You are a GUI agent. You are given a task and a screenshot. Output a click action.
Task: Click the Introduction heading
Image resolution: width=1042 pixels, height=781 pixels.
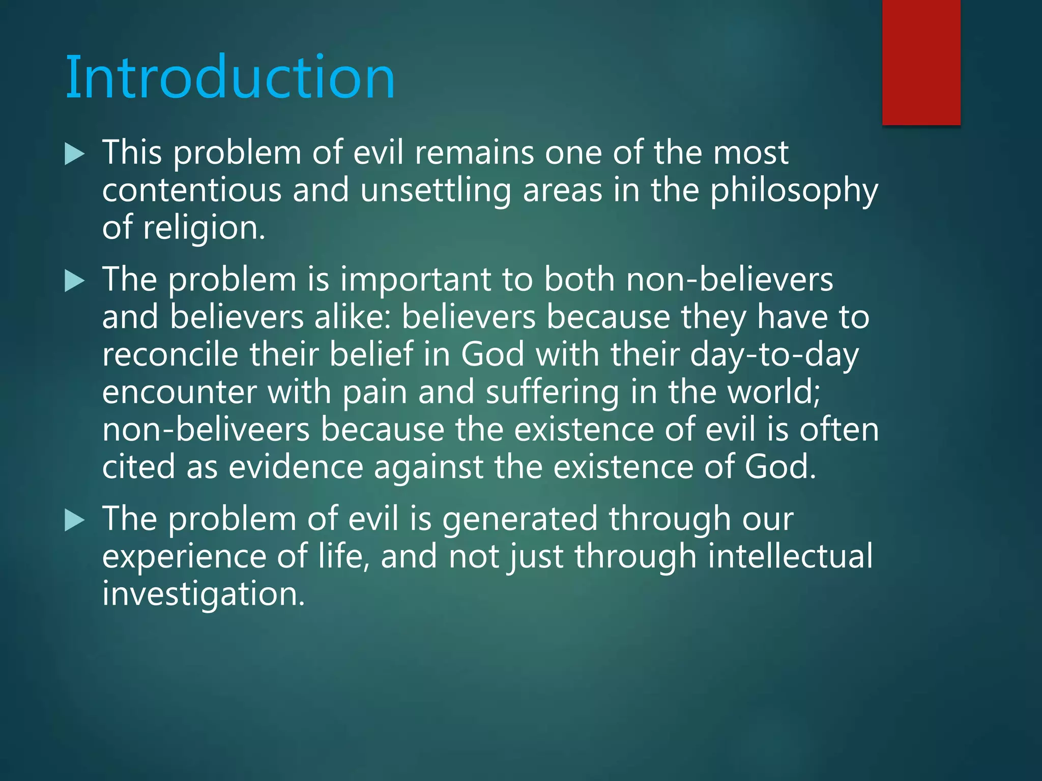pyautogui.click(x=230, y=77)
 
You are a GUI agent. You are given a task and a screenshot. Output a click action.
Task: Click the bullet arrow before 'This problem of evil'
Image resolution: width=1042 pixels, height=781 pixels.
pyautogui.click(x=74, y=154)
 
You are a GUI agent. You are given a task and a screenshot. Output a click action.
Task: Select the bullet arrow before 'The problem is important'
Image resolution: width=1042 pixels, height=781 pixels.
pyautogui.click(x=74, y=281)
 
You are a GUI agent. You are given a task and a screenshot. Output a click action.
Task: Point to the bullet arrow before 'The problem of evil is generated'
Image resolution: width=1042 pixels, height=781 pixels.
pyautogui.click(x=74, y=521)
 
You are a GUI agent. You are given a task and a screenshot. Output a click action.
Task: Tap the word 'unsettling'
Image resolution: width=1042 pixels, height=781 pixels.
pyautogui.click(x=435, y=191)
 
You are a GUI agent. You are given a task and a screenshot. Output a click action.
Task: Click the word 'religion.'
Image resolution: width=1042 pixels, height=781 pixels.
pyautogui.click(x=204, y=228)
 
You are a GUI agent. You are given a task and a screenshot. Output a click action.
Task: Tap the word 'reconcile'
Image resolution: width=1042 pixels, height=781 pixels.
pyautogui.click(x=170, y=354)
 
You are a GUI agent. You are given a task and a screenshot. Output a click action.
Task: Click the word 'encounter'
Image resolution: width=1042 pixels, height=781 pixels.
pyautogui.click(x=179, y=393)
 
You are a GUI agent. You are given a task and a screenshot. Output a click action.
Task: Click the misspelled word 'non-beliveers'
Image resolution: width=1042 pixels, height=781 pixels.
pyautogui.click(x=206, y=430)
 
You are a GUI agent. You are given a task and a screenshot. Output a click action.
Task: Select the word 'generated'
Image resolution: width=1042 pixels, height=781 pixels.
pyautogui.click(x=519, y=520)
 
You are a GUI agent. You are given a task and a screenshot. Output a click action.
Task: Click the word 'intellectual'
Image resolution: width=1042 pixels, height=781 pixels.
pyautogui.click(x=790, y=556)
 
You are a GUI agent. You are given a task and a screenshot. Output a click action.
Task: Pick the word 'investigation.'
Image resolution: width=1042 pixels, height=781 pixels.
pyautogui.click(x=203, y=594)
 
